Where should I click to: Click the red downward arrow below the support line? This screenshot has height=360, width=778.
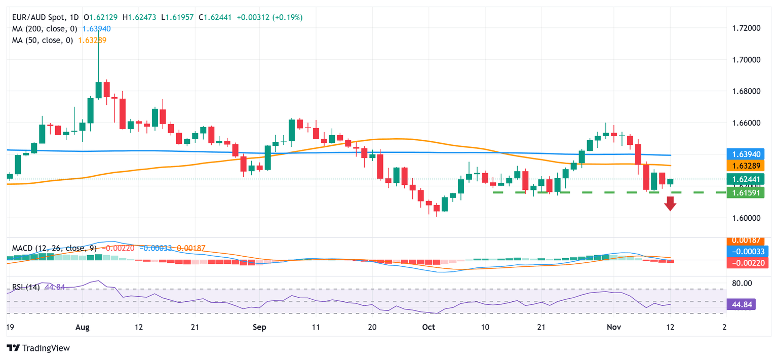(x=670, y=204)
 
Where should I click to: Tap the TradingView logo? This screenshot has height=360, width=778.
(x=38, y=348)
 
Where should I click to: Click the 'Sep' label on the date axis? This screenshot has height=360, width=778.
(x=259, y=327)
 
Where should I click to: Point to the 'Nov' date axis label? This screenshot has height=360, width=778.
(x=614, y=327)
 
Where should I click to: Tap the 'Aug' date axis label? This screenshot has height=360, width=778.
(x=82, y=327)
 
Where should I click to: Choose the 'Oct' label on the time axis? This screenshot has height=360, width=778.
(x=429, y=327)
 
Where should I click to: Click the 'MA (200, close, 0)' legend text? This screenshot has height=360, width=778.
(x=44, y=29)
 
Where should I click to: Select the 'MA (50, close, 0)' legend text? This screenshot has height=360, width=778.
(x=42, y=40)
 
